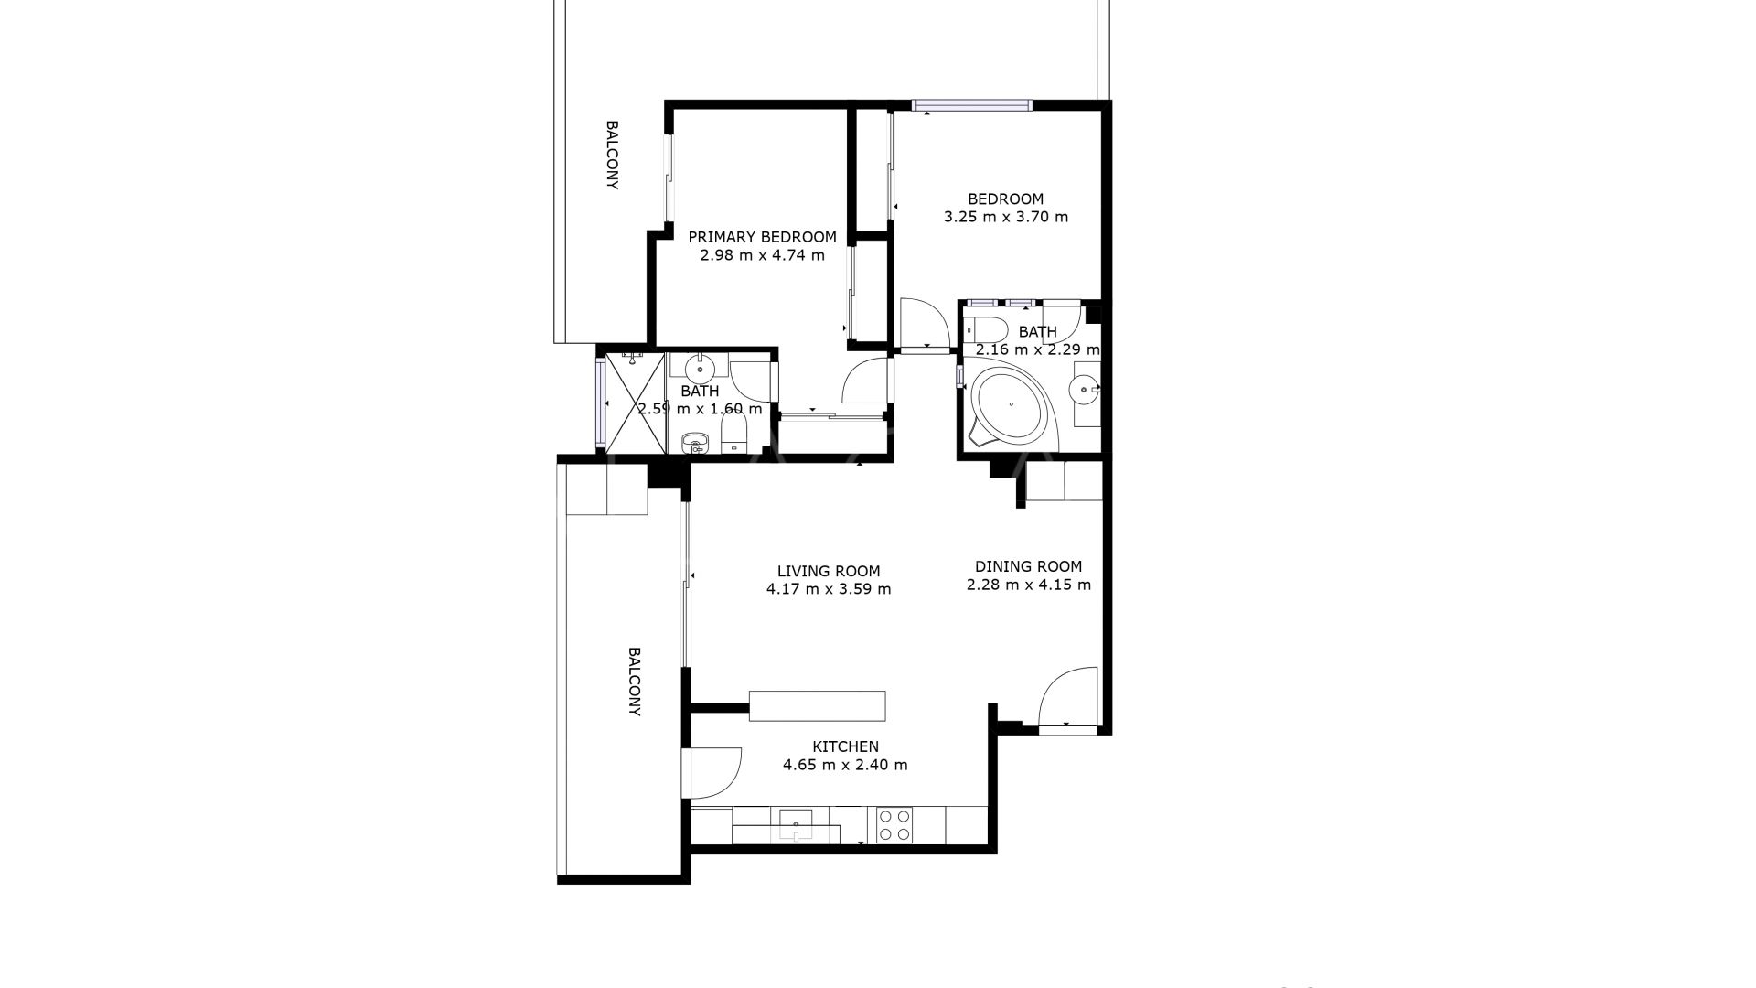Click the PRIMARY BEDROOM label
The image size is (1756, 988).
click(762, 237)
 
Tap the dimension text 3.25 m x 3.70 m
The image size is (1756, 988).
click(1005, 218)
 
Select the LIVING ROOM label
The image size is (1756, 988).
click(829, 572)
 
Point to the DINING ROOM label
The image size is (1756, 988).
click(1028, 566)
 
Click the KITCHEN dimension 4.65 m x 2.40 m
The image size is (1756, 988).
click(845, 765)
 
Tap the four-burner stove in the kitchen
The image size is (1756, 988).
click(894, 824)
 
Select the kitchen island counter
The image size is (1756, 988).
click(817, 706)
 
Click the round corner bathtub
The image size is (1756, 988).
click(1010, 405)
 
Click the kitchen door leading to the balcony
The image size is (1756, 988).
click(715, 773)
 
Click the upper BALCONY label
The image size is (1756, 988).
click(613, 155)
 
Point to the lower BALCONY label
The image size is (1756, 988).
click(634, 682)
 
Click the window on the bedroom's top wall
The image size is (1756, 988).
click(972, 105)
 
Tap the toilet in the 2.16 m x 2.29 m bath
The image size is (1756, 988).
click(989, 328)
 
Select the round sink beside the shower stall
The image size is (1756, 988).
click(700, 368)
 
